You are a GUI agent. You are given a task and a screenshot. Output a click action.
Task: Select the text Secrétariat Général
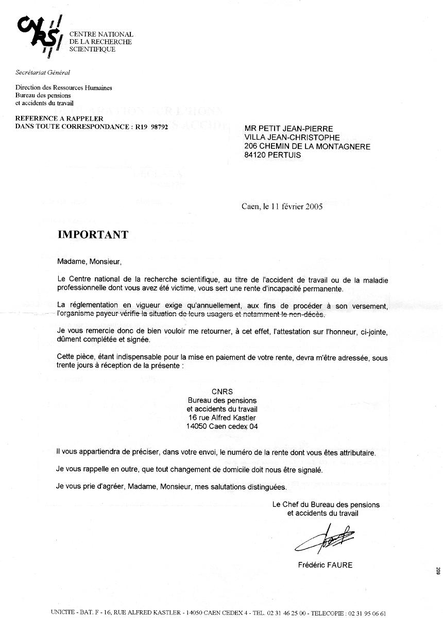pos(43,73)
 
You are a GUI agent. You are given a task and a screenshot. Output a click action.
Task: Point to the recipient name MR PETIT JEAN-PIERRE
pos(289,129)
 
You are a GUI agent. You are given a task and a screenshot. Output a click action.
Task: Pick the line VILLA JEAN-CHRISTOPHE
pos(292,138)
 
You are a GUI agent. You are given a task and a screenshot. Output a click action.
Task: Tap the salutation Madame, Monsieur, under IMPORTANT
pos(90,262)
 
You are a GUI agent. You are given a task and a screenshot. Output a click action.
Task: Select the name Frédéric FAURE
pos(325,565)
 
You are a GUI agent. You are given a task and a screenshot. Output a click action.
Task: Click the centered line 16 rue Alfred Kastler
pos(222,418)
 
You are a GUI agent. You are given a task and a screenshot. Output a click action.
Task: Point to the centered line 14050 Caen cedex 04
pos(222,426)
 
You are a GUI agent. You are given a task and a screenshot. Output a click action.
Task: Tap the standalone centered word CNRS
pos(222,391)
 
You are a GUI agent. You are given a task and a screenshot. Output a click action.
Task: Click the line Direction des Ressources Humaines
pos(64,88)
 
